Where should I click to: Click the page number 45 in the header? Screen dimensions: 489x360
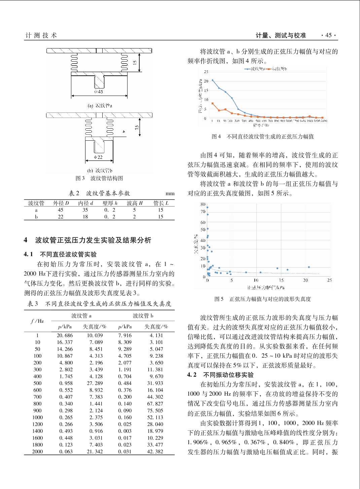tap(328, 35)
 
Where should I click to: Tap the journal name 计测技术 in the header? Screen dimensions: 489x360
tap(41, 35)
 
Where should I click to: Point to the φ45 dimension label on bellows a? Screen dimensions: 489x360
tap(99, 92)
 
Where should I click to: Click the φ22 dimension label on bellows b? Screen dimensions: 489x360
tap(98, 157)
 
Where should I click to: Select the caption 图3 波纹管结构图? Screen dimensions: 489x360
tap(99, 178)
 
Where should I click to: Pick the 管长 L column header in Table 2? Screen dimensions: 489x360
tap(160, 203)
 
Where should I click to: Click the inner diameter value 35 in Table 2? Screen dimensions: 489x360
tap(85, 210)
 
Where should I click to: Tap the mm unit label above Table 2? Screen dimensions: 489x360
tap(170, 194)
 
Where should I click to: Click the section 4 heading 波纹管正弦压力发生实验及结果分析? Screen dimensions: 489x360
tap(93, 240)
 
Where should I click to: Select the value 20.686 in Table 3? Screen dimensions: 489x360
tap(65, 336)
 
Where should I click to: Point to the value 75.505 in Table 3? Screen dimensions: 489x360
tap(155, 411)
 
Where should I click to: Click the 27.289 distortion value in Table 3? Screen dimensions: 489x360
tap(95, 383)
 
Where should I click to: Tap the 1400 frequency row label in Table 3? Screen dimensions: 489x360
tap(37, 431)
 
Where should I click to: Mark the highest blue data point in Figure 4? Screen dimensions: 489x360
tap(212, 80)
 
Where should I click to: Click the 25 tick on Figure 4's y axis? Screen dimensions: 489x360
tap(206, 72)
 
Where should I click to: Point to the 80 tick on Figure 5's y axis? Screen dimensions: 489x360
tap(203, 204)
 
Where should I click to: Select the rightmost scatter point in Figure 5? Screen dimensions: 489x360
tap(309, 267)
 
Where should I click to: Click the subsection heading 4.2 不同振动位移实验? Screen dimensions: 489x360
tap(221, 375)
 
